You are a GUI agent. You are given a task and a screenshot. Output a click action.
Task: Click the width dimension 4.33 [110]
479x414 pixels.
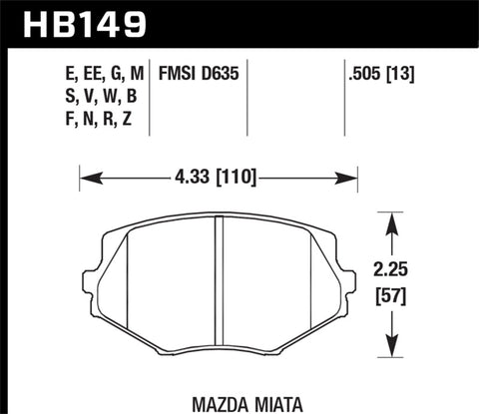pos(218,179)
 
